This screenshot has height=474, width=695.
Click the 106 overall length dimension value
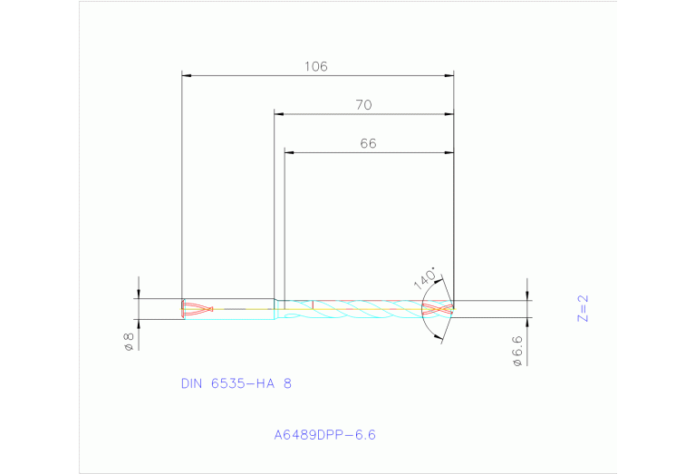coord(315,66)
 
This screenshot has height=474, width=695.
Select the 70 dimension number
coord(363,105)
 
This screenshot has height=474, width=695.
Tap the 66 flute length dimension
coord(368,143)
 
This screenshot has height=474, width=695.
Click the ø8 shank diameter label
coord(129,341)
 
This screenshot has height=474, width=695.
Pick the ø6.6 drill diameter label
coord(517,350)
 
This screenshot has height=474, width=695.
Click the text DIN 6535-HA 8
coord(236,383)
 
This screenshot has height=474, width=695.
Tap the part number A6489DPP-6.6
coord(324,435)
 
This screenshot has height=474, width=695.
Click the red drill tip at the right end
coord(438,309)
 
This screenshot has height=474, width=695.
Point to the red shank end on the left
coord(194,309)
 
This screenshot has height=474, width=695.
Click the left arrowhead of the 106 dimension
coord(186,75)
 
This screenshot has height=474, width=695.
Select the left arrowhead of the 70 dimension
coord(279,114)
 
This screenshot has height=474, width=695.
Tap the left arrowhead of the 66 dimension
coord(289,152)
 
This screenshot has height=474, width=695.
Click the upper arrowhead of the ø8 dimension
coord(139,295)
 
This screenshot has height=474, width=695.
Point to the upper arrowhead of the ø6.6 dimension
coord(527,296)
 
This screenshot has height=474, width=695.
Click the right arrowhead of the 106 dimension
coord(449,75)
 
